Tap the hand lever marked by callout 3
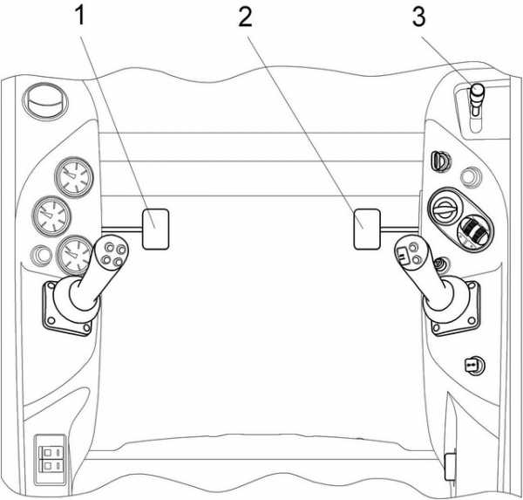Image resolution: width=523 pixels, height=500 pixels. pos(476,98)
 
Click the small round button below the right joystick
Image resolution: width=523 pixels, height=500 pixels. pos(472,363)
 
